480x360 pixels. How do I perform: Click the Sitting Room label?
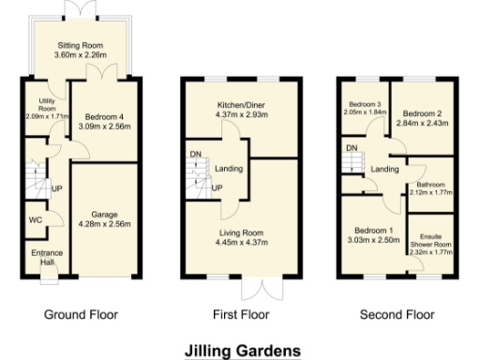click(79, 44)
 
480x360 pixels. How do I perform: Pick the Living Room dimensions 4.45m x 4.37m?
click(241, 242)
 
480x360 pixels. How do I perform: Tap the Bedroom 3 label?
click(363, 103)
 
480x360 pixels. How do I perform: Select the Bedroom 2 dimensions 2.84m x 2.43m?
click(420, 123)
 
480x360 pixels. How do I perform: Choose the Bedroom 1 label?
click(372, 230)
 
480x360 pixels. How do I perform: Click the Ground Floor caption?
click(82, 314)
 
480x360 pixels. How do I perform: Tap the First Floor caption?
click(241, 314)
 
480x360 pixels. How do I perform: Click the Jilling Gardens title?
click(243, 350)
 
